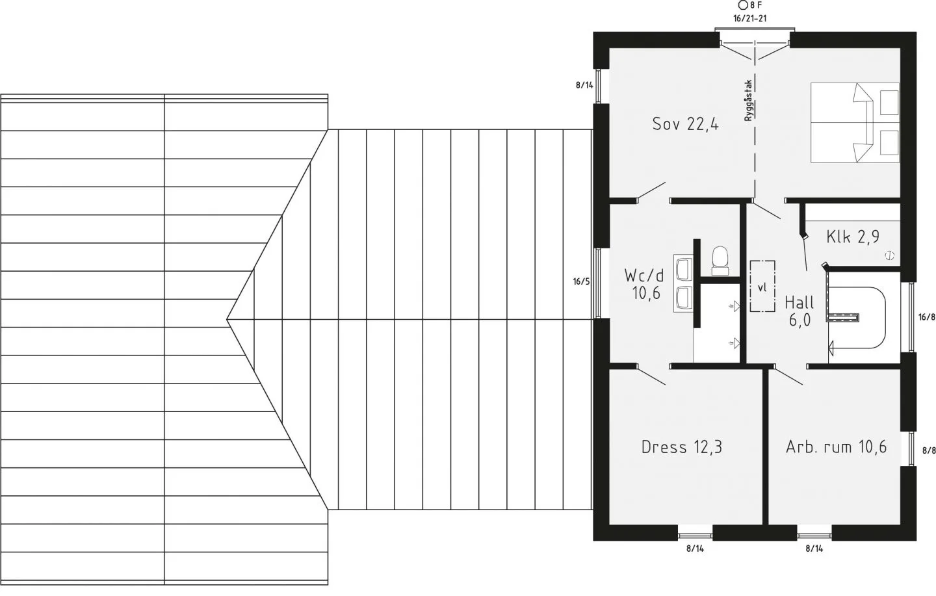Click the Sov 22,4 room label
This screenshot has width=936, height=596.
click(x=685, y=124)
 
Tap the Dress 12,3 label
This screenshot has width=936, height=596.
click(x=681, y=447)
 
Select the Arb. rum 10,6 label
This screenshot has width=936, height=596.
click(x=836, y=447)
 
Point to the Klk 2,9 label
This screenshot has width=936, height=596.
click(x=852, y=237)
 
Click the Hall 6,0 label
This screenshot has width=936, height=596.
click(x=799, y=311)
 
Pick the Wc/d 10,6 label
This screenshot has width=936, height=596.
click(x=644, y=284)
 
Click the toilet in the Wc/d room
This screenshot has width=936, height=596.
click(x=720, y=261)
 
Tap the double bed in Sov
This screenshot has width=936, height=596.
click(x=855, y=122)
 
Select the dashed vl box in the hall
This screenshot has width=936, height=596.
click(x=762, y=286)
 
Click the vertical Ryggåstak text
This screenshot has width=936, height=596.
click(x=748, y=101)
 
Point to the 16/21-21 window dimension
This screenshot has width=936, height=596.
click(x=750, y=19)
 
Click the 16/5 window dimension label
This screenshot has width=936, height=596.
click(x=581, y=281)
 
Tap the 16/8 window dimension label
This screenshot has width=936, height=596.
click(x=927, y=317)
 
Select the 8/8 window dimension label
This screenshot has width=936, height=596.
click(x=929, y=451)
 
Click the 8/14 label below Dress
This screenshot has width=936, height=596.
click(x=695, y=549)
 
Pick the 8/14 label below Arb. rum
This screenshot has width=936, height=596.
click(x=814, y=549)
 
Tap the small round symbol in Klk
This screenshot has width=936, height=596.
click(x=889, y=255)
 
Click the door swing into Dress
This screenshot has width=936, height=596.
click(x=651, y=375)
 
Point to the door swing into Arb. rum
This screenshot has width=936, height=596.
click(x=788, y=375)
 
